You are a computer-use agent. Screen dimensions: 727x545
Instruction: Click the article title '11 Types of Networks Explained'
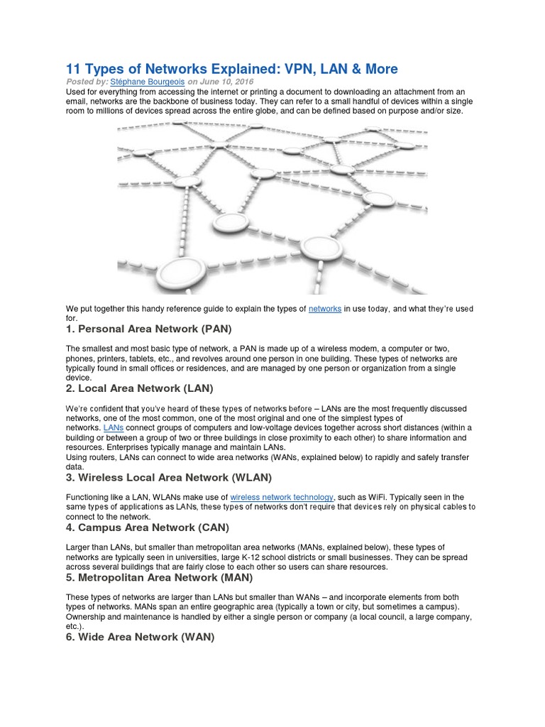tap(231, 69)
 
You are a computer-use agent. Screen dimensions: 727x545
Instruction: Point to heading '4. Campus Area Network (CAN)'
tap(147, 528)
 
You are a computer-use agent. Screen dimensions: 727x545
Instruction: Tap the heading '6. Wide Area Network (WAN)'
tap(140, 637)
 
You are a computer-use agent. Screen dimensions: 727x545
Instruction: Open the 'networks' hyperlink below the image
tap(325, 309)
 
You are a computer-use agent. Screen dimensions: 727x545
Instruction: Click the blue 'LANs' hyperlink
tap(114, 428)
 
